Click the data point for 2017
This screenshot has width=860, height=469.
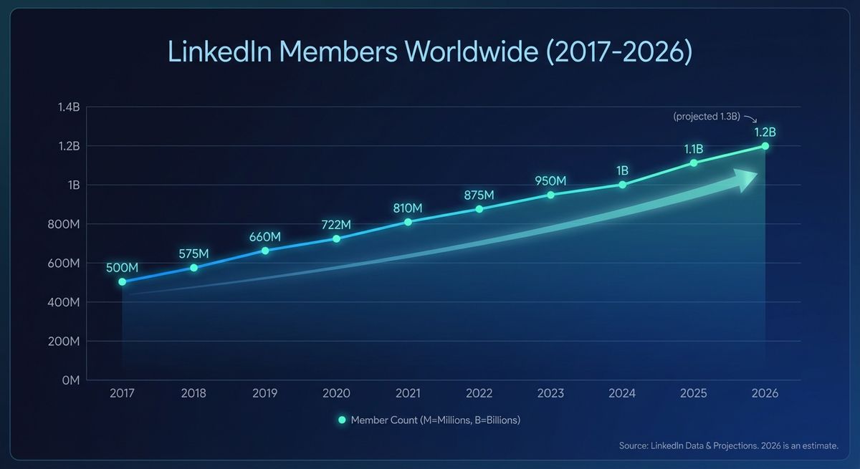(122, 281)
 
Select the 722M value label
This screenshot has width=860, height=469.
(336, 224)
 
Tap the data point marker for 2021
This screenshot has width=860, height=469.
(408, 222)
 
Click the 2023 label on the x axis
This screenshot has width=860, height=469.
(550, 394)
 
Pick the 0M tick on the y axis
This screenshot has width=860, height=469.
(70, 380)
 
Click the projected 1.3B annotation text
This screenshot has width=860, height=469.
(707, 116)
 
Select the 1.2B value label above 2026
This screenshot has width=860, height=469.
(765, 132)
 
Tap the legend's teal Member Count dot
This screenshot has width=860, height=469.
(342, 420)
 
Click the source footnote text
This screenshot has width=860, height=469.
(728, 446)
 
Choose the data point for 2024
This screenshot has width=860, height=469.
(622, 185)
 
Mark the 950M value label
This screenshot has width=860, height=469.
(550, 180)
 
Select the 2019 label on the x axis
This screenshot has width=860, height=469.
(265, 394)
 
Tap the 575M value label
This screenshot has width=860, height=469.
(193, 253)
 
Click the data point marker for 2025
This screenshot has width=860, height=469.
(693, 163)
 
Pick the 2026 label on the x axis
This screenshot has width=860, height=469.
(765, 394)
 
